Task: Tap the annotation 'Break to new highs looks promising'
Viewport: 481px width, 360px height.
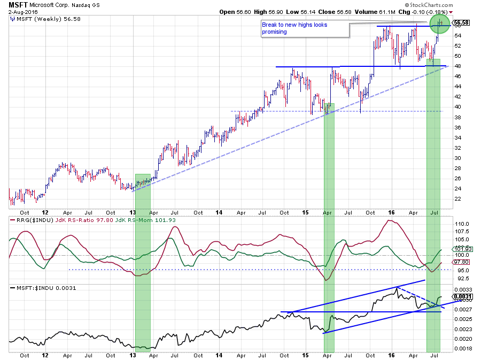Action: pos(294,28)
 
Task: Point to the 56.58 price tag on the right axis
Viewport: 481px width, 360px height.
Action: pos(461,22)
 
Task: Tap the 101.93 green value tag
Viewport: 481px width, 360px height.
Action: pos(461,249)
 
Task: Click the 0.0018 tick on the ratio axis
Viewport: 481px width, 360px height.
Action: pos(461,348)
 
